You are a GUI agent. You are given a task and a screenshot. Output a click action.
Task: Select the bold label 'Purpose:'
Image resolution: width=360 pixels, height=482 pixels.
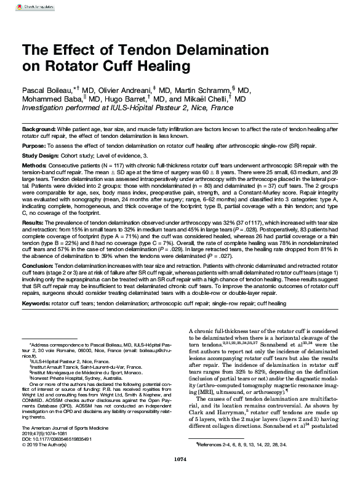[34, 146]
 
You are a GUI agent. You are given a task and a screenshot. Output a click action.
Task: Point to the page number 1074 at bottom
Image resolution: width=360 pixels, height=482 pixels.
[180, 476]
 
